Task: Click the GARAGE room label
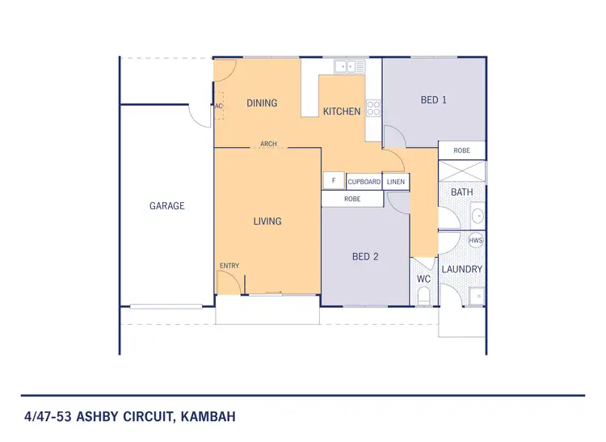point(167,206)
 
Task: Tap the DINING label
point(262,103)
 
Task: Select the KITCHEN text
point(342,111)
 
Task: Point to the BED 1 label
point(434,100)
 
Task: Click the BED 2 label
point(365,257)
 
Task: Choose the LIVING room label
point(267,221)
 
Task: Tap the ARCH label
point(268,145)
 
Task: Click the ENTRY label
point(229,266)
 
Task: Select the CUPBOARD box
point(364,182)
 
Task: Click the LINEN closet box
point(396,182)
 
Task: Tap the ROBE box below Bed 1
point(462,150)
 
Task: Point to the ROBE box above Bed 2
point(352,198)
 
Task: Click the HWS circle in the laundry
point(476,241)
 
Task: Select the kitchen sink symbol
point(351,67)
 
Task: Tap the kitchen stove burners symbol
point(373,107)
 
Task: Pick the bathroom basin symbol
point(477,216)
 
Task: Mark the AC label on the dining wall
point(218,106)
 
